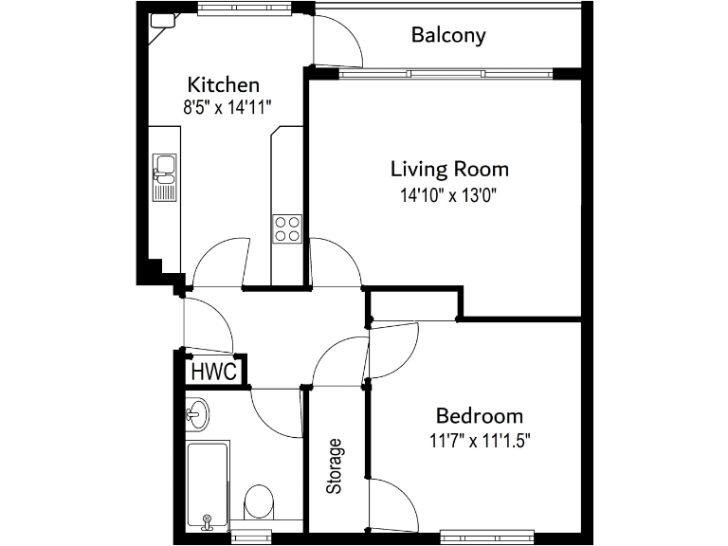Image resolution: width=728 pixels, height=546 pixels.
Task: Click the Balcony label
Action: (448, 36)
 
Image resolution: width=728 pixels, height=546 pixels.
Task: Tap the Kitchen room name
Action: (224, 83)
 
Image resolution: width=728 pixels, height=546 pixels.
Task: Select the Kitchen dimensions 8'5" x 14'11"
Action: (227, 107)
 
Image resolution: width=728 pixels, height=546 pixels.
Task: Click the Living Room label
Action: (449, 170)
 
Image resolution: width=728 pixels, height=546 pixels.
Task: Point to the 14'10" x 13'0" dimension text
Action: (449, 196)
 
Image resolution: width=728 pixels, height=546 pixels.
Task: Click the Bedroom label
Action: (479, 416)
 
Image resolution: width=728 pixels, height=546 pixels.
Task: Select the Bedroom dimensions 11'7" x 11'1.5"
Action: (479, 441)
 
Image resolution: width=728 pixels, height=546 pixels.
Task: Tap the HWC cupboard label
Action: (213, 371)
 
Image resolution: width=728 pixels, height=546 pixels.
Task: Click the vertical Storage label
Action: (334, 466)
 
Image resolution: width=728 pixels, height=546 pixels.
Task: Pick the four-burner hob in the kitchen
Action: (287, 227)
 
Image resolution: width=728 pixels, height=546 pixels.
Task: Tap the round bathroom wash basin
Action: (198, 412)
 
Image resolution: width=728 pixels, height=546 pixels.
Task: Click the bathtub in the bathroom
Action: (208, 484)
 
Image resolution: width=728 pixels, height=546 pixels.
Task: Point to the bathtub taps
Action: (208, 520)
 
